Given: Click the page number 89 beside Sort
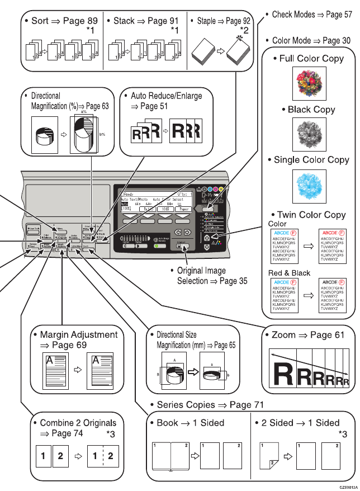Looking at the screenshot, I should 89,21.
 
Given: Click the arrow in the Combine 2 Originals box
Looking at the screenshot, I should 78,456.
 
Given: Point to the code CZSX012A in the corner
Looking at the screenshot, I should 347,487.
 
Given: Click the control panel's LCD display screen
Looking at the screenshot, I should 156,202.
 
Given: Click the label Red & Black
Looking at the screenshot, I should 290,273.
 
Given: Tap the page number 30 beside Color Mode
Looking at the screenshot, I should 345,41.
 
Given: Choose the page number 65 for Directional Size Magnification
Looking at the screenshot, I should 229,346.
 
